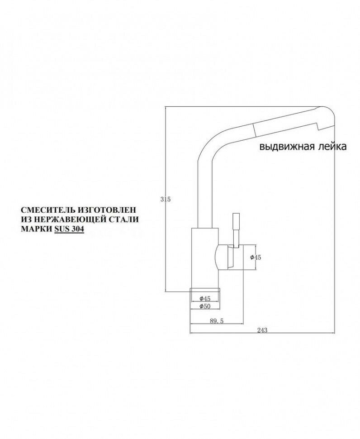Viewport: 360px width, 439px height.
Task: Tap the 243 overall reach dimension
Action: (262, 330)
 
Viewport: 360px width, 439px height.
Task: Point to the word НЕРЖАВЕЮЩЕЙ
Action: (66, 219)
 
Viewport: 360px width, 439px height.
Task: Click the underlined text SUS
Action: (62, 229)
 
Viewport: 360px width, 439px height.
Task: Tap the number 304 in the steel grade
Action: (78, 229)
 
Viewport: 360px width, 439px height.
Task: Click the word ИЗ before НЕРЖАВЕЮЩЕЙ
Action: (26, 219)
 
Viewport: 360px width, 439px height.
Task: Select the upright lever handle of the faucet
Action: (235, 229)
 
